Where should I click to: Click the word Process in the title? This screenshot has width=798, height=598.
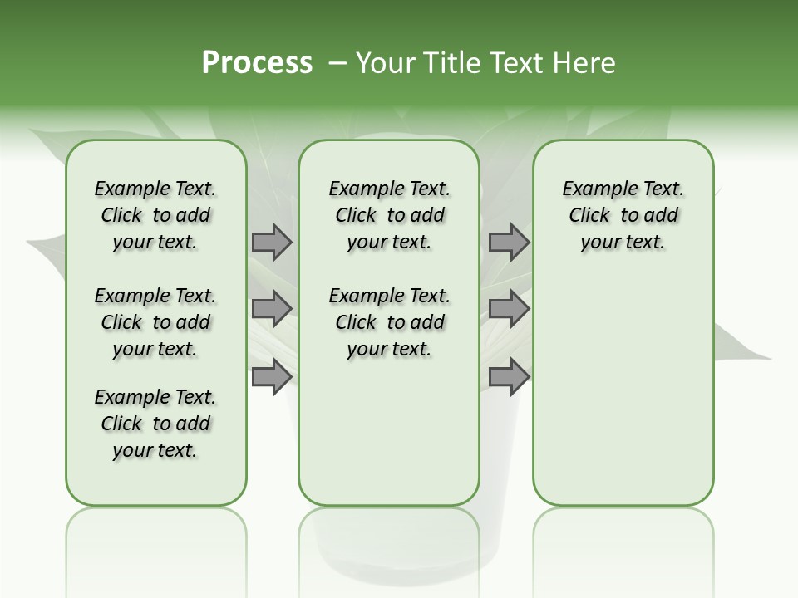(x=257, y=62)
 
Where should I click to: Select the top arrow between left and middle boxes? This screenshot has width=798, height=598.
(x=272, y=243)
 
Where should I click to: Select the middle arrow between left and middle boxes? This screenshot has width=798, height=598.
(x=272, y=309)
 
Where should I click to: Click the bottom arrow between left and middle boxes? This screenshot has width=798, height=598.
(x=272, y=376)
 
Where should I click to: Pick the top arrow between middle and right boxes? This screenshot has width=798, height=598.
(x=509, y=243)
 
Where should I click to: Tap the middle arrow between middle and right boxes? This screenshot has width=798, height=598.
(x=509, y=309)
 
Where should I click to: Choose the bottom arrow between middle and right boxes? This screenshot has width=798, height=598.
(x=509, y=376)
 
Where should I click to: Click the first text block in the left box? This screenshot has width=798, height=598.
(x=155, y=215)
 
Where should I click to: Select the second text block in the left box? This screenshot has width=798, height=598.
(x=155, y=322)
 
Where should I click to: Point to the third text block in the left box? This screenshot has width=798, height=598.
(x=155, y=424)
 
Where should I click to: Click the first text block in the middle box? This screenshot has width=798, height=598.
(x=390, y=215)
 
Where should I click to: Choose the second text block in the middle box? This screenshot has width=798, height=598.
(x=390, y=322)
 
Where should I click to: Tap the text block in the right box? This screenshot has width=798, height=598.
(x=623, y=215)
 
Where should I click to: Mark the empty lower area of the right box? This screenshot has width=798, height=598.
(x=623, y=390)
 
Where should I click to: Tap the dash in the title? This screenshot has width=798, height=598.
(x=337, y=63)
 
